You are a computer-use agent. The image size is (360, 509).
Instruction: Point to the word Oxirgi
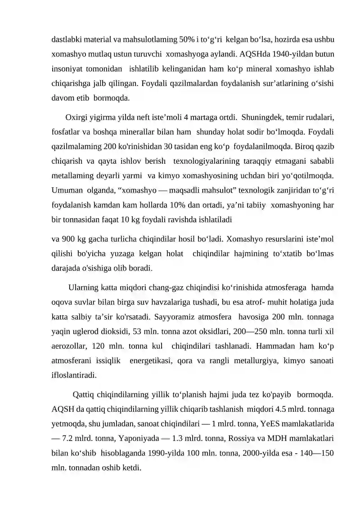pos(76,119)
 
